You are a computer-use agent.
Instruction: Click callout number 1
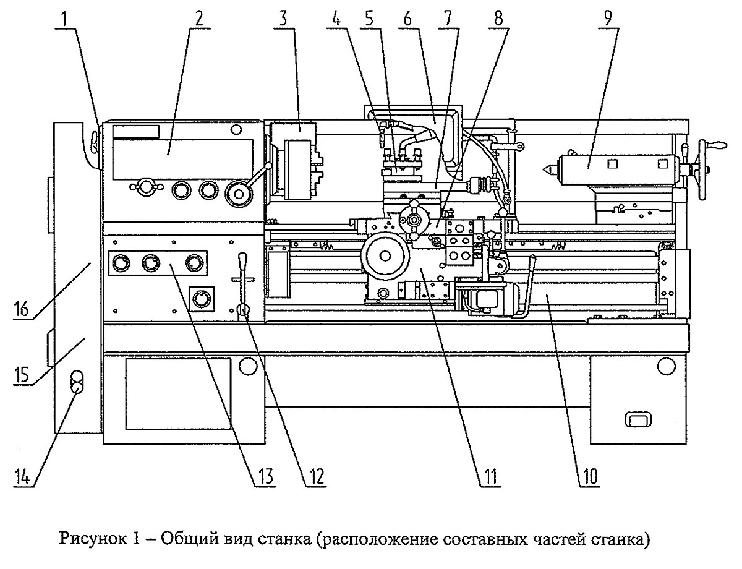click(x=64, y=19)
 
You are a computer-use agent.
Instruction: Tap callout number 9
click(x=608, y=19)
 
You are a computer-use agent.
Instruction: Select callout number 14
click(x=22, y=476)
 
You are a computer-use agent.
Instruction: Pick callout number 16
click(x=22, y=309)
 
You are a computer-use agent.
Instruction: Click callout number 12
click(x=317, y=476)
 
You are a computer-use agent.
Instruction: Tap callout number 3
click(x=283, y=19)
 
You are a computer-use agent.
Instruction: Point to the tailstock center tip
click(x=542, y=169)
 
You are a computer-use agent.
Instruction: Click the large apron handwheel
click(x=385, y=255)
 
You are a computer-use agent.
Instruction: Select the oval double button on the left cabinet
click(x=77, y=381)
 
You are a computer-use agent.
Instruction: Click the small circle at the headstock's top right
click(x=236, y=129)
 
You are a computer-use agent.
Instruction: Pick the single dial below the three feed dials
click(x=202, y=299)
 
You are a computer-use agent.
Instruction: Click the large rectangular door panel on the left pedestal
click(x=178, y=393)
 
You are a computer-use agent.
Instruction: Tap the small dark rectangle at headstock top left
click(x=136, y=132)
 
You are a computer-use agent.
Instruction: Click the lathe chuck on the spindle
click(x=298, y=169)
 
